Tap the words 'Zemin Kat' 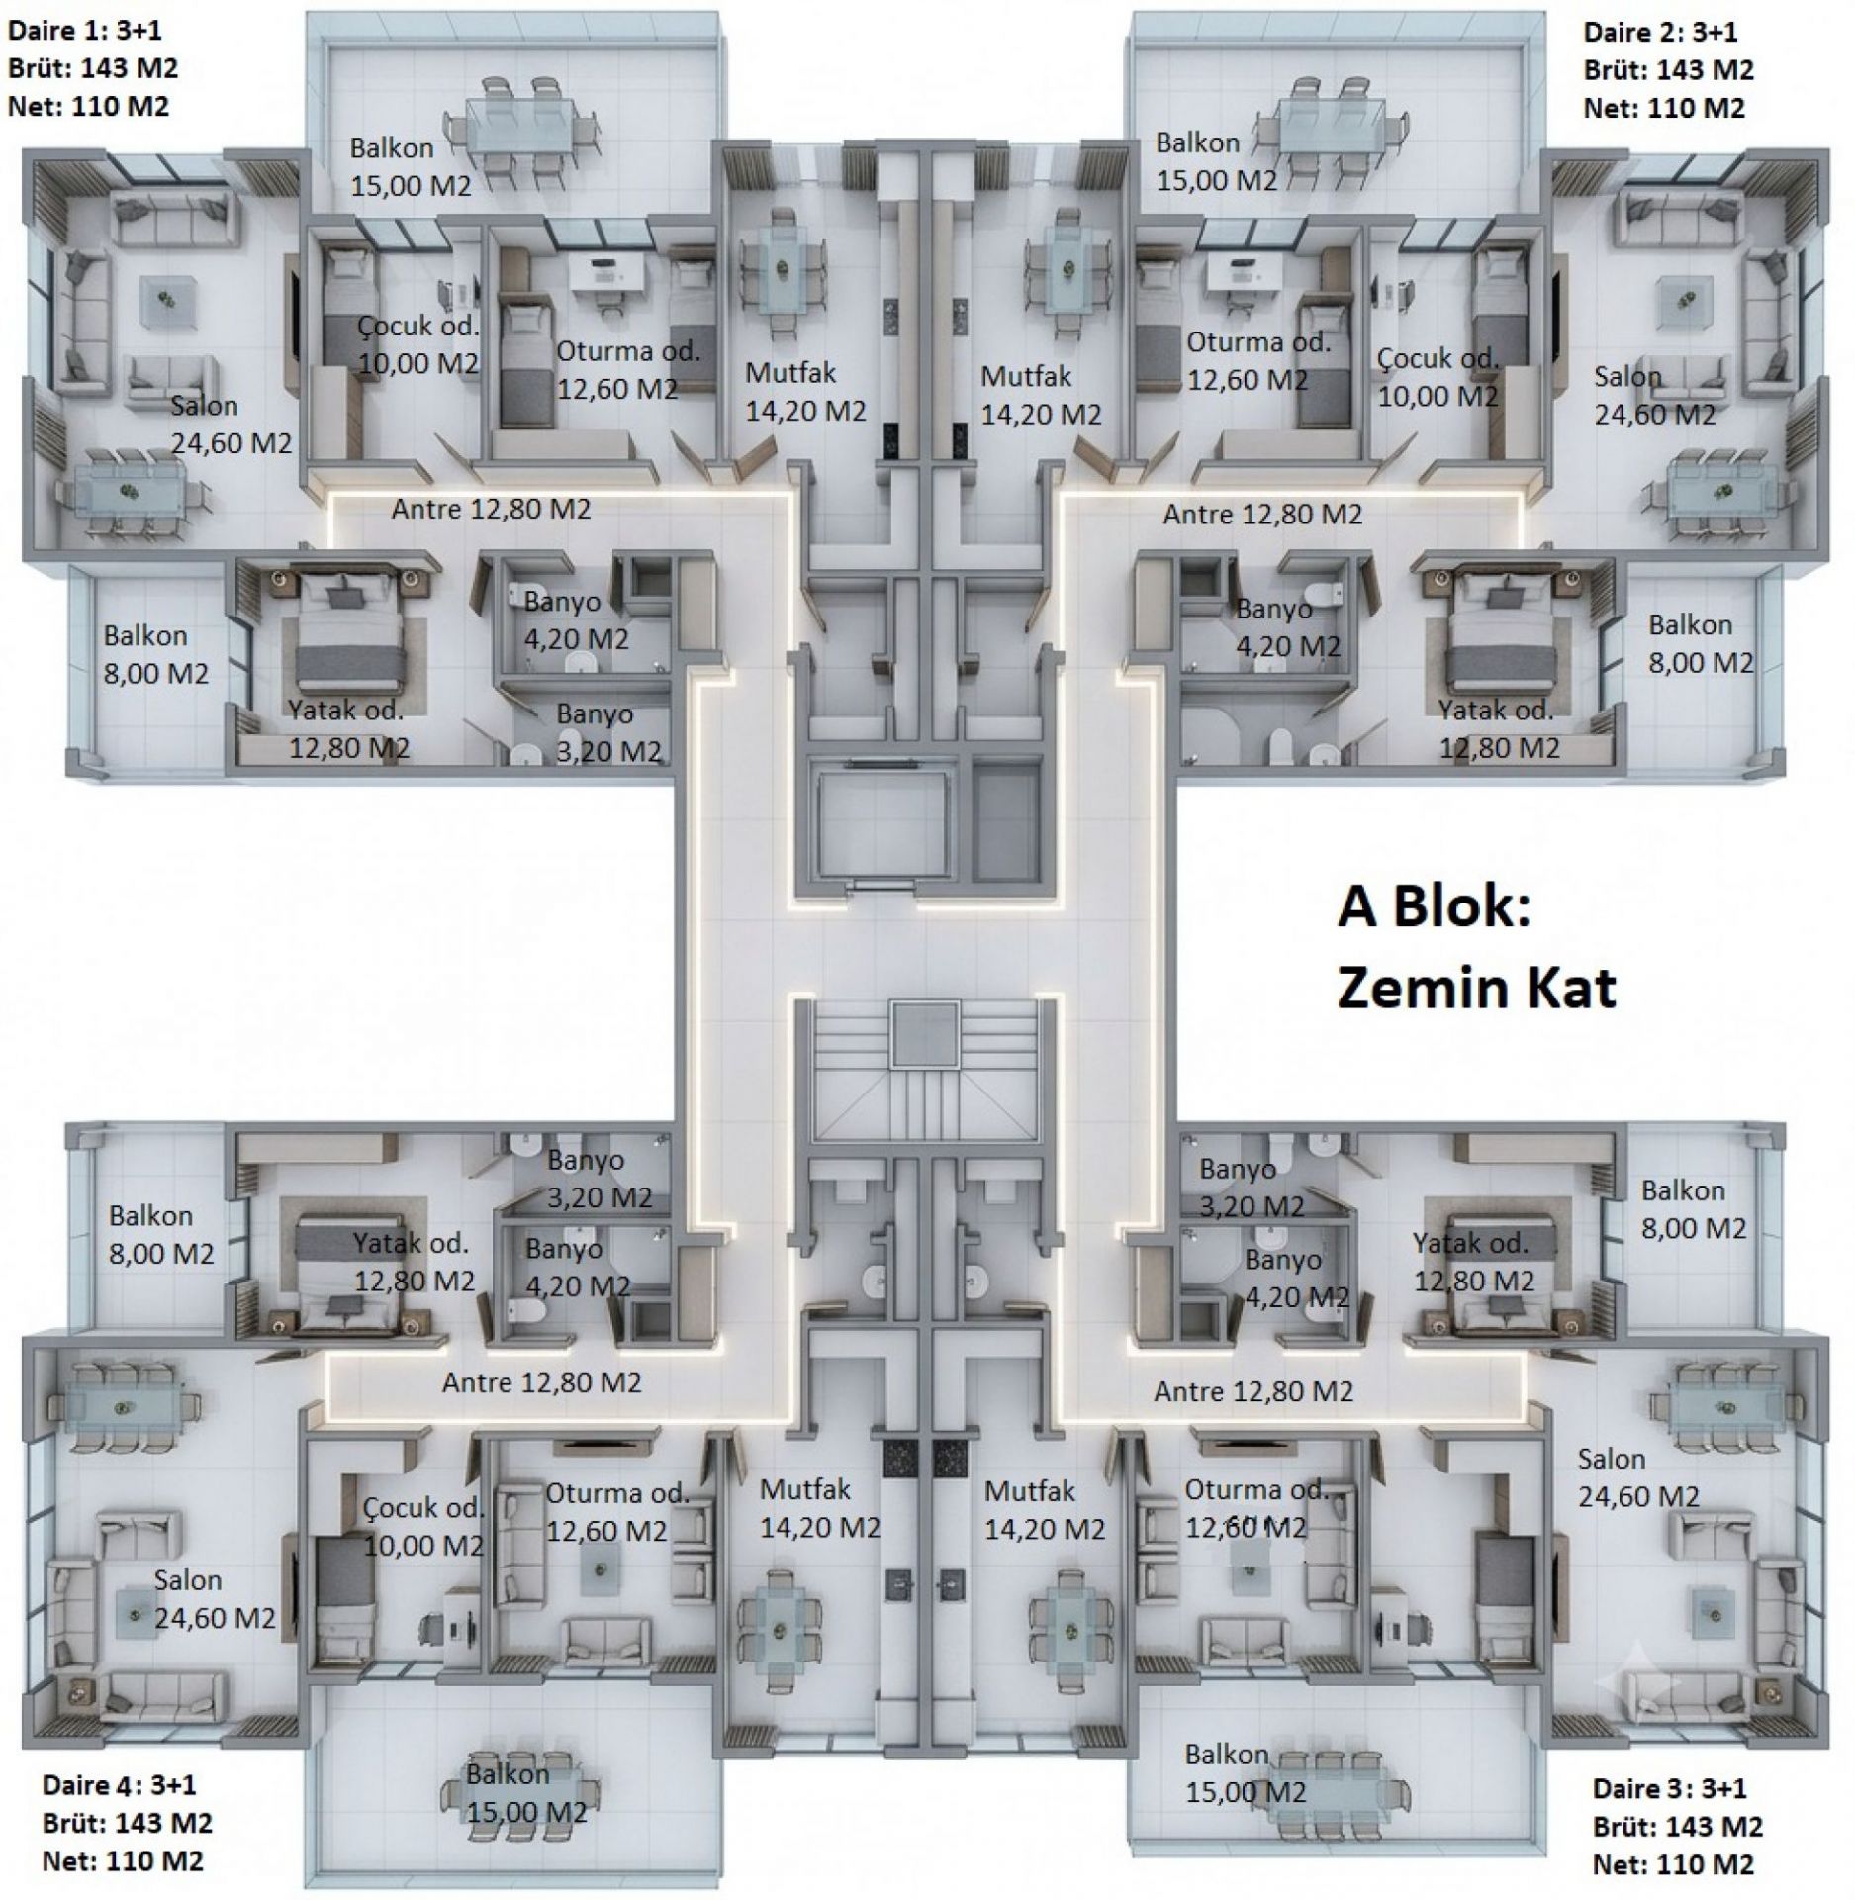click(x=1476, y=988)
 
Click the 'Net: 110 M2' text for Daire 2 click(x=1664, y=108)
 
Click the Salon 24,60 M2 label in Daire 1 click(x=232, y=424)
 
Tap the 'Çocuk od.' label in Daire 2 click(x=1438, y=359)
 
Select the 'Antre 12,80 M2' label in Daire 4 click(x=541, y=1382)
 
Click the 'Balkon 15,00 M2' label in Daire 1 click(x=410, y=166)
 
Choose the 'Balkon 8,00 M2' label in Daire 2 click(x=1700, y=643)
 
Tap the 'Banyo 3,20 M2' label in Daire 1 click(x=607, y=732)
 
